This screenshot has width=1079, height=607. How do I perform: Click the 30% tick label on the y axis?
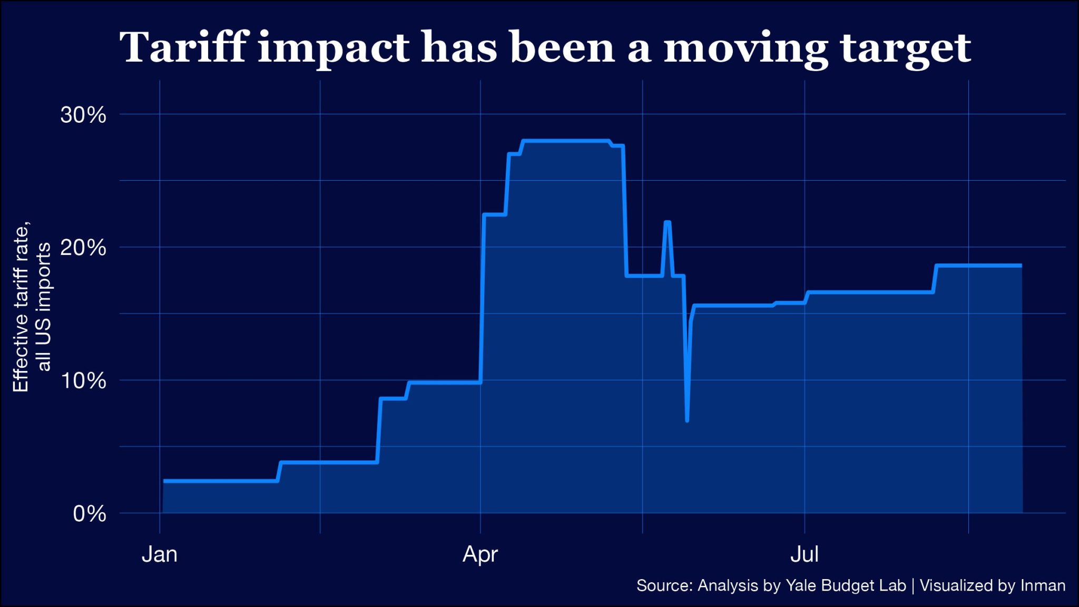tap(83, 115)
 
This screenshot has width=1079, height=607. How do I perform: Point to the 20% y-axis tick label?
tap(83, 247)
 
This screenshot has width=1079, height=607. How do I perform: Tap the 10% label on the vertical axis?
tap(83, 380)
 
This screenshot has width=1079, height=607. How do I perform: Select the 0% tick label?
tap(90, 514)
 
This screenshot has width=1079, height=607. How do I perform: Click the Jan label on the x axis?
tap(160, 554)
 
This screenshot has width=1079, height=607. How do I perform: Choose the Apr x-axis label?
tap(480, 554)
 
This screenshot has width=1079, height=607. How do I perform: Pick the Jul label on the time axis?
tap(805, 554)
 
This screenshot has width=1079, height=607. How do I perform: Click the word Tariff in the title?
tap(184, 47)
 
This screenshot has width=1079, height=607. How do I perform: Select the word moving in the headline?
tap(746, 48)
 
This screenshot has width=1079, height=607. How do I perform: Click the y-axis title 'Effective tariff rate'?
tap(21, 308)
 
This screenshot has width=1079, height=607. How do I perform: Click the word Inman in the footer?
tap(1043, 585)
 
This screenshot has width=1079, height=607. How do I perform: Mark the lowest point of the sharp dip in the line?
tap(687, 420)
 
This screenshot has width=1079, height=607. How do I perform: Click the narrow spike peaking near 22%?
tap(668, 222)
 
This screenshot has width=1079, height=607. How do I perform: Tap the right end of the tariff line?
tap(1021, 266)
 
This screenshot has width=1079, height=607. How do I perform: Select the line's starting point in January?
tap(164, 481)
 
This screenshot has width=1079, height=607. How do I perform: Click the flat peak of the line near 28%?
tap(566, 141)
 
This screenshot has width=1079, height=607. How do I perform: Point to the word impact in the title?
tap(333, 48)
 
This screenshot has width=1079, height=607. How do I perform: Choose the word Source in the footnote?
tap(664, 585)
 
